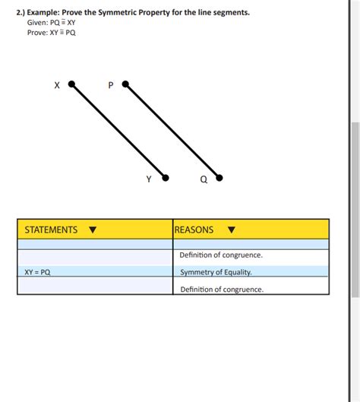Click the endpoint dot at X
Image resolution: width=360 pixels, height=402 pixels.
point(71,84)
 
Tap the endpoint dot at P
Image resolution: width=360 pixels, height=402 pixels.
point(125,84)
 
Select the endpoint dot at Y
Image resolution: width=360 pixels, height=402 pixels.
point(165,178)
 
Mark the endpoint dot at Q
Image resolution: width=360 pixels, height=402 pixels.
point(219,178)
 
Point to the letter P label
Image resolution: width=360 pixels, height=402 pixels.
point(111,86)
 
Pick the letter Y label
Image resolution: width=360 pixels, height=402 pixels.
point(149,179)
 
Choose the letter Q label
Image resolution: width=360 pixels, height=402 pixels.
point(204,180)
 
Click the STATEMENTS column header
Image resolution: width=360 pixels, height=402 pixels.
point(51,229)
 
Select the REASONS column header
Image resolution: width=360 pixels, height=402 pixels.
point(194,229)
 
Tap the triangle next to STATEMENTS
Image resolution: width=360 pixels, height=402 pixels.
point(93,230)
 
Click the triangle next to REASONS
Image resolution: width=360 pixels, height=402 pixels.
point(232,230)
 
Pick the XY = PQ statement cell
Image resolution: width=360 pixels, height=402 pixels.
point(37,271)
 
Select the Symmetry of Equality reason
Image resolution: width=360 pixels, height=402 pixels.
point(216,272)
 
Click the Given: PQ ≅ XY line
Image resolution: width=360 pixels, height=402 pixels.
point(51,23)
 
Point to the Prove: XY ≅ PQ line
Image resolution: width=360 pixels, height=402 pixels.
point(51,33)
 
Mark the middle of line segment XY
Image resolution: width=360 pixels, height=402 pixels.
point(118,131)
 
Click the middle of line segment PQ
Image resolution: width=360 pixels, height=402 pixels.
point(172,131)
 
